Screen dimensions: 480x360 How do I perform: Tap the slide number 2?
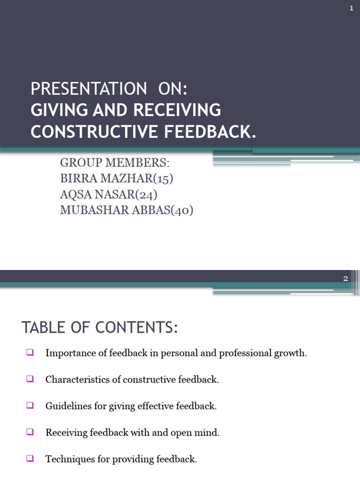345,278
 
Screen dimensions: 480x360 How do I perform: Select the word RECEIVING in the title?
177,110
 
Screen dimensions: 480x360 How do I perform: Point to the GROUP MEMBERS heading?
114,163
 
